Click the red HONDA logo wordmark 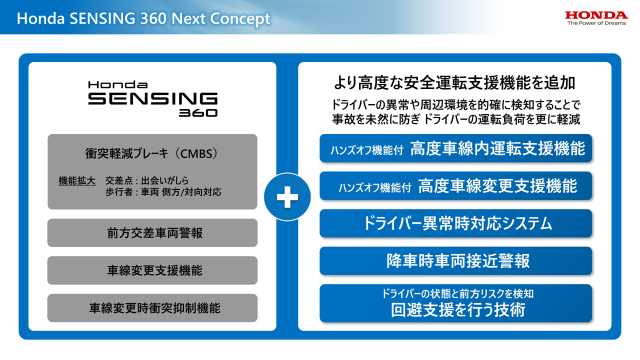coord(596,15)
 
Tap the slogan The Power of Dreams coord(596,23)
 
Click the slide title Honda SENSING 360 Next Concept coord(143,18)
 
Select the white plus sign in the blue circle coord(287,197)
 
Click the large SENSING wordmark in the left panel coord(152,98)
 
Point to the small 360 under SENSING coord(198,113)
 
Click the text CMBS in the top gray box coord(194,153)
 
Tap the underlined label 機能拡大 coord(77,180)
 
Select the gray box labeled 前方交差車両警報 coord(152,232)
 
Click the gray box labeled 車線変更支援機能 coord(152,270)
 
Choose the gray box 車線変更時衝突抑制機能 coord(152,308)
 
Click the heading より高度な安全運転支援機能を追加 coord(454,82)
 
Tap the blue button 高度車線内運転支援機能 coord(455,148)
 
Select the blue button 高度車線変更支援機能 coord(455,186)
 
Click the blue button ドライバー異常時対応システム coord(455,223)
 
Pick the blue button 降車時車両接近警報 coord(455,261)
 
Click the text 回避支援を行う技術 coord(458,310)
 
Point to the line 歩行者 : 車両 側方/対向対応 coord(163,192)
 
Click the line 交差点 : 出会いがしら coord(147,180)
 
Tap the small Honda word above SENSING coord(117,84)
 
